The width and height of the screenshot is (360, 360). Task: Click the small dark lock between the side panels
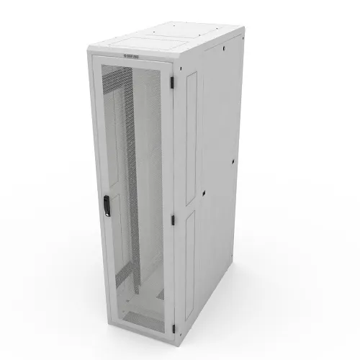(204, 193)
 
